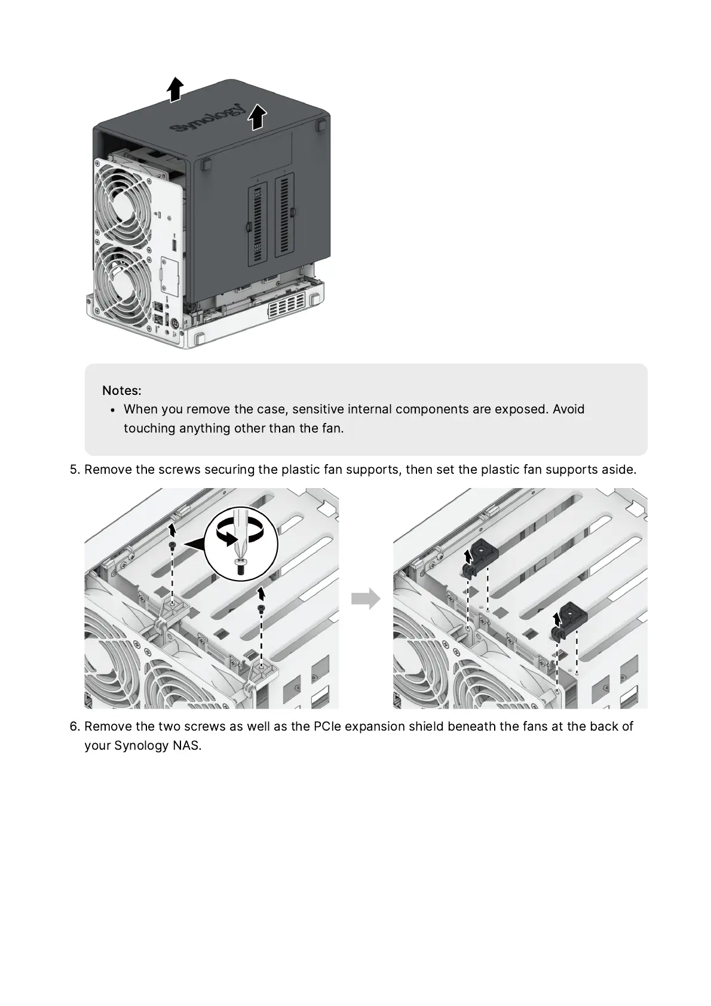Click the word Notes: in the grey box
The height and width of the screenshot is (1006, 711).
(x=122, y=391)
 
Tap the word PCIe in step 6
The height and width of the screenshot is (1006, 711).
(x=327, y=726)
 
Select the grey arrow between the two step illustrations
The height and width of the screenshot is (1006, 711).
(x=366, y=599)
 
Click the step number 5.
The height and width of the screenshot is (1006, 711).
(x=75, y=470)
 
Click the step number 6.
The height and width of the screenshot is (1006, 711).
(x=75, y=726)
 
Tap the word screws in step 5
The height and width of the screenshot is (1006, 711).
(x=177, y=470)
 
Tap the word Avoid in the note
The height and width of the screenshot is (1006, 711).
(x=568, y=410)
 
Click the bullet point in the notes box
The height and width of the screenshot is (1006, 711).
(x=113, y=410)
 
